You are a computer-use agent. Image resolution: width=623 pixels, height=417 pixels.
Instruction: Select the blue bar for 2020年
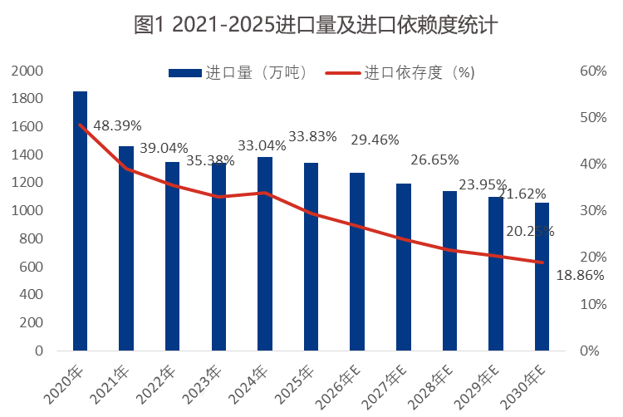[80, 224]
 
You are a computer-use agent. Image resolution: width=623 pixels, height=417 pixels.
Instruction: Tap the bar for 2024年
[265, 253]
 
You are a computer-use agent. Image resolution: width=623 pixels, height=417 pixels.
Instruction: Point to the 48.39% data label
[117, 126]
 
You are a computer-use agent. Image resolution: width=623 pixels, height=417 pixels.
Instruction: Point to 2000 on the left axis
[27, 71]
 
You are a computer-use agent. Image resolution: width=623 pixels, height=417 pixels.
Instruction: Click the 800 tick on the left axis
[31, 238]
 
